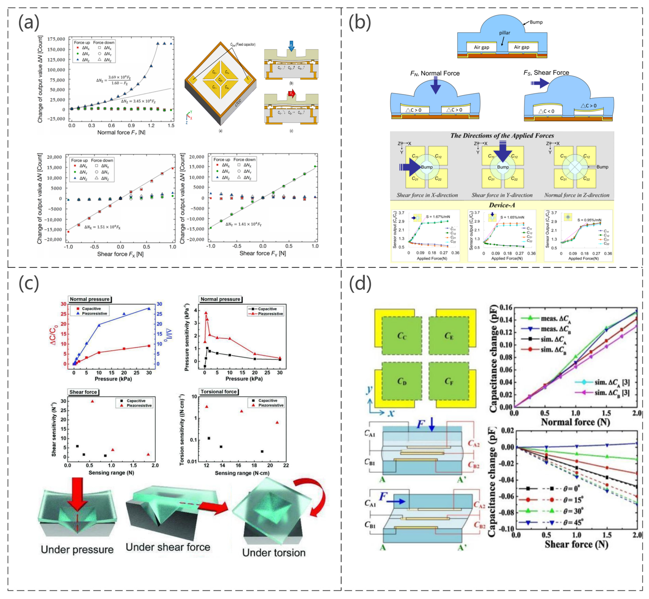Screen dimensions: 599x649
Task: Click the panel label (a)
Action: [x=28, y=23]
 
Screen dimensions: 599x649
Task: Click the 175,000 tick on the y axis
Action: [x=56, y=39]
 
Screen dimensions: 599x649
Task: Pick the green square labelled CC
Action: [x=402, y=336]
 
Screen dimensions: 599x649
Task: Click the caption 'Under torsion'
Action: [x=274, y=552]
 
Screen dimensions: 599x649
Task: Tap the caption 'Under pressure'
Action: [x=77, y=549]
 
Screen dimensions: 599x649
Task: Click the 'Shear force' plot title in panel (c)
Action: [x=83, y=392]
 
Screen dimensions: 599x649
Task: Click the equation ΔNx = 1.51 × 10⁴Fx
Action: [x=102, y=227]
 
